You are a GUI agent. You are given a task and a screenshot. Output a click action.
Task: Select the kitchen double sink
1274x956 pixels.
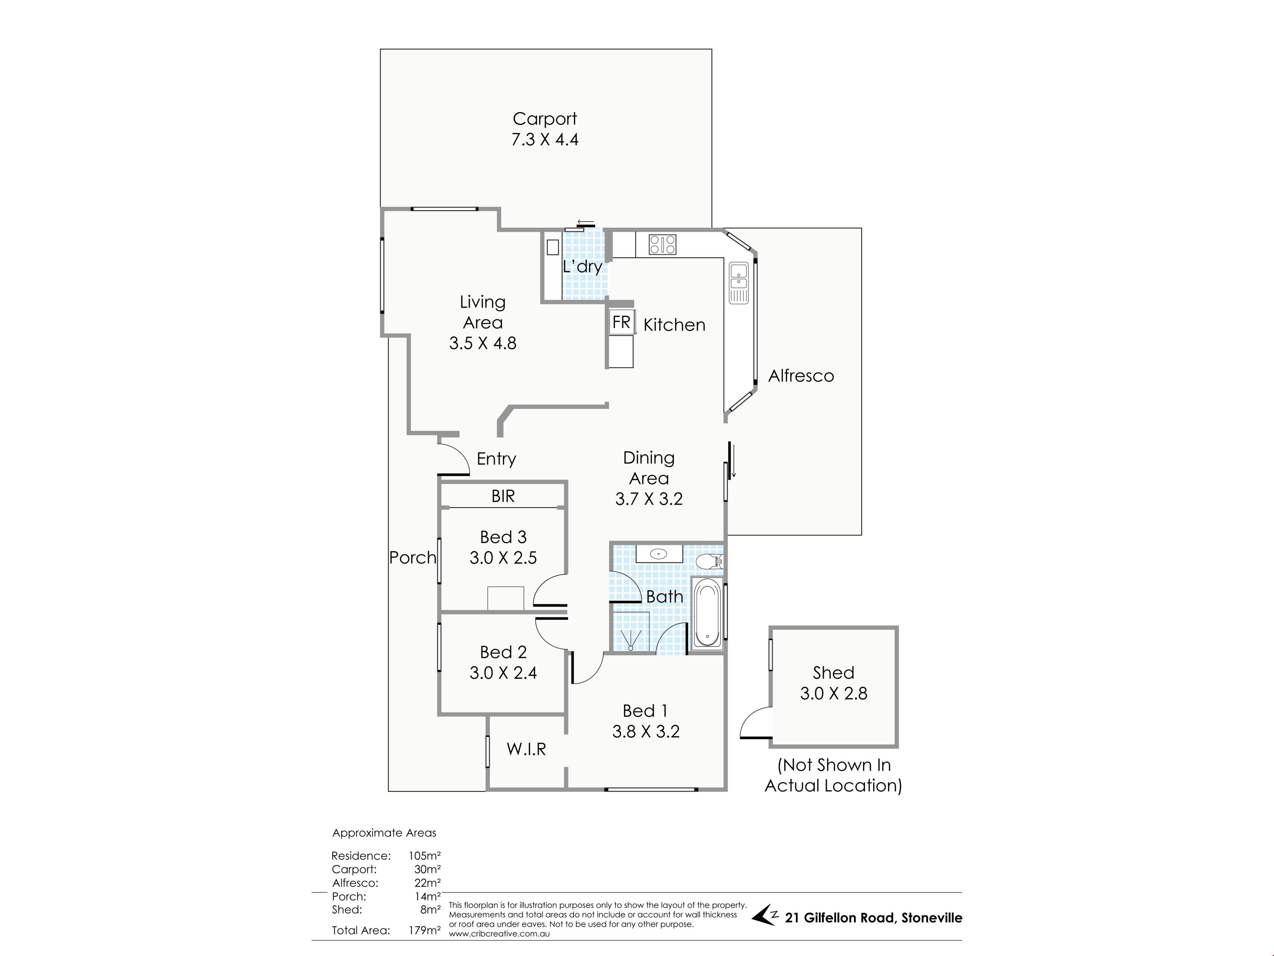pos(739,282)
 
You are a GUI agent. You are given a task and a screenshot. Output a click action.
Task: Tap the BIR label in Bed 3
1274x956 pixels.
pos(503,496)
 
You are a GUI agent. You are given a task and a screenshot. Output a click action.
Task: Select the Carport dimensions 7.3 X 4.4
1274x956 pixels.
pos(545,139)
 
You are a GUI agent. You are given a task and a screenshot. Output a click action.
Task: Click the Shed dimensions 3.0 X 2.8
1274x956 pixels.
pos(833,693)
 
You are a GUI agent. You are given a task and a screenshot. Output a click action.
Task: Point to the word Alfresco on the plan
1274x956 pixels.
pos(801,376)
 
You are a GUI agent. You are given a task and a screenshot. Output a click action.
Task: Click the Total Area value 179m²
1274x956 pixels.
pos(424,930)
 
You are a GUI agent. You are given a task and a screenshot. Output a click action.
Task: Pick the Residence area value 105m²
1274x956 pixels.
pos(424,856)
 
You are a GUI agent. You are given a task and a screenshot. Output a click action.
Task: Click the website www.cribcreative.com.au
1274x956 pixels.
pos(499,933)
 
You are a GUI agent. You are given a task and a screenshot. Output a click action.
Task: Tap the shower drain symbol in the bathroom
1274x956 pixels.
pos(631,648)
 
